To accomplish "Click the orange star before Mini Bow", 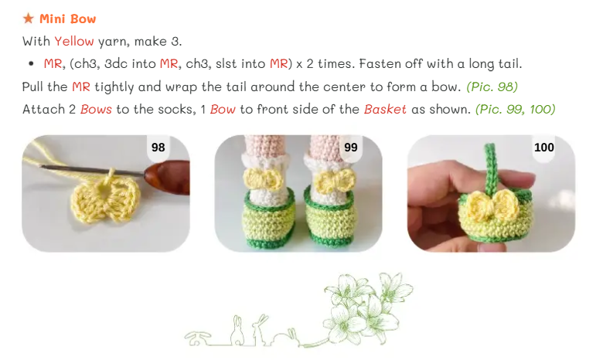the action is tap(28, 18).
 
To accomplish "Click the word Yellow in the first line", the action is tap(74, 41).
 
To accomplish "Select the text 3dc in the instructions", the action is tap(116, 63).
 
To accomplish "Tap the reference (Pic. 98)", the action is tap(492, 87).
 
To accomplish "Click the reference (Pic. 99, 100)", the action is tap(516, 110).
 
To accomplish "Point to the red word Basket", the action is tap(385, 110).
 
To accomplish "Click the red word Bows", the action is tap(96, 110).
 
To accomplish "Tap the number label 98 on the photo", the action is tap(158, 147).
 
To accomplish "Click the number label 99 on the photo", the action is tap(351, 147).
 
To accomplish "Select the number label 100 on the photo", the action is tap(543, 147).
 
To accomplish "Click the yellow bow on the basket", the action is tap(492, 205).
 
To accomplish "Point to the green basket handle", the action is tap(490, 169).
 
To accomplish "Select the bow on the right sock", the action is tap(335, 180).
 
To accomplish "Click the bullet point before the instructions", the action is tap(31, 64).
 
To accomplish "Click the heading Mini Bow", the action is tap(68, 19).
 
